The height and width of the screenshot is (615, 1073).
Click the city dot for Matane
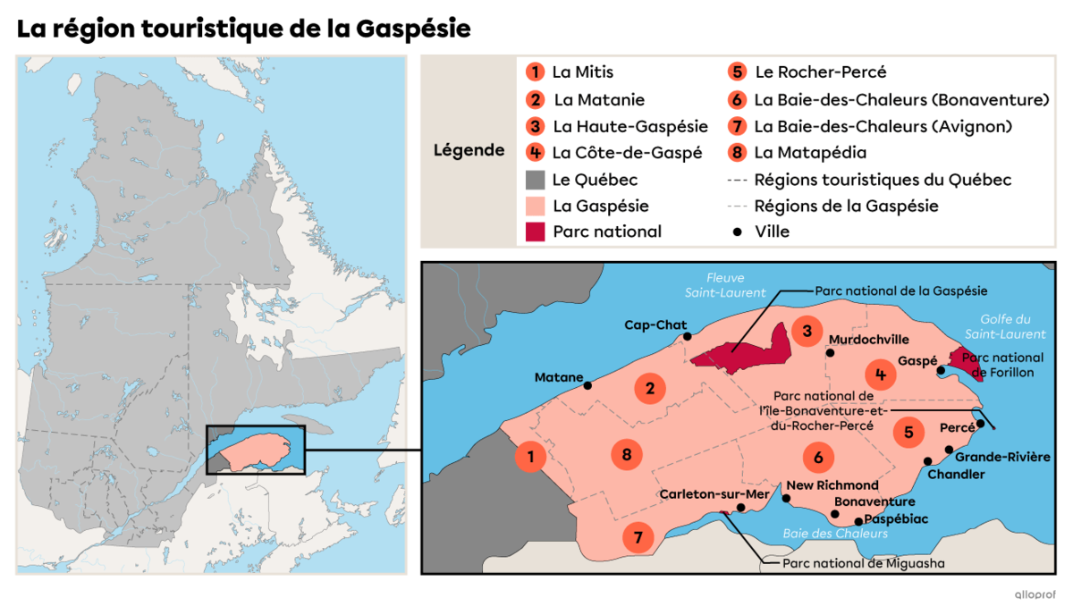coord(587,385)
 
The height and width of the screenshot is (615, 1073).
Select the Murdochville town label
coord(868,340)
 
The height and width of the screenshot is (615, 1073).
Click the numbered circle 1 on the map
coord(531,458)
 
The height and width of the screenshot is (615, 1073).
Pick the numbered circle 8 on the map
coord(627,455)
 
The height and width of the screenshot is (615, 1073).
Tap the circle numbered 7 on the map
coord(638,537)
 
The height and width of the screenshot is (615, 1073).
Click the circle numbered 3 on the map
coord(807,332)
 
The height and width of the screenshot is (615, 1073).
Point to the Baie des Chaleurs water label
coord(835,534)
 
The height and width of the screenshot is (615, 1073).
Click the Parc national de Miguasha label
coord(863,563)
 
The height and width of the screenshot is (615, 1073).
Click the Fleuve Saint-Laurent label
coord(725,285)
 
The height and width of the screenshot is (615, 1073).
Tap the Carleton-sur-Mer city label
coord(714,493)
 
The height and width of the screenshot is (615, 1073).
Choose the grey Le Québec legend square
coord(536,180)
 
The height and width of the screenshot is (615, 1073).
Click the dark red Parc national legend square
coord(536,232)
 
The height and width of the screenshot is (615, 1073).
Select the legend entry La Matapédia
coord(810,153)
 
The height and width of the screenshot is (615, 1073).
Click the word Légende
coord(469,150)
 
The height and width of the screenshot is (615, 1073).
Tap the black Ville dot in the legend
coord(738,232)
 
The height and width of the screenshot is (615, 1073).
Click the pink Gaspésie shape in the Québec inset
coord(259,450)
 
